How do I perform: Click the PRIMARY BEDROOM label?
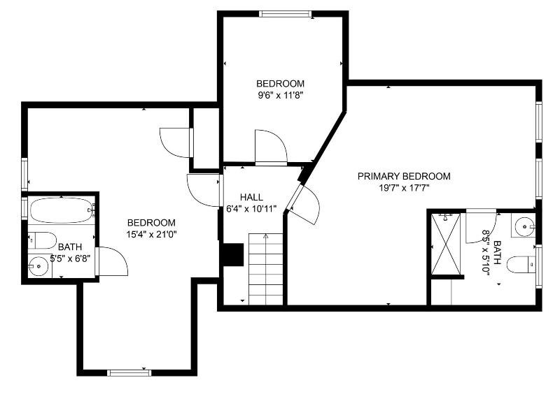[404, 176]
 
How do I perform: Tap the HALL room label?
[251, 197]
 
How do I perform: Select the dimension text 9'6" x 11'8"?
[281, 96]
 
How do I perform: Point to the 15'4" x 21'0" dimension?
[151, 235]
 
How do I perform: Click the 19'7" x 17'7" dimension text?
[404, 188]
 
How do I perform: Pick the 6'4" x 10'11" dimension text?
[251, 209]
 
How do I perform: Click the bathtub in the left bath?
[62, 210]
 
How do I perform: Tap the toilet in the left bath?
[42, 240]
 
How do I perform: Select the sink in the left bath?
[38, 266]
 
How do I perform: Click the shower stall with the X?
[446, 245]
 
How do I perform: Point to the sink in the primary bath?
[524, 226]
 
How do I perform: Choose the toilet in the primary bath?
[521, 265]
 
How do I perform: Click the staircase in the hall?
[266, 269]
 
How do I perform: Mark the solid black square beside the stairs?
[233, 254]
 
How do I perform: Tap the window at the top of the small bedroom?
[285, 14]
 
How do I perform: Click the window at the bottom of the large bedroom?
[129, 373]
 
